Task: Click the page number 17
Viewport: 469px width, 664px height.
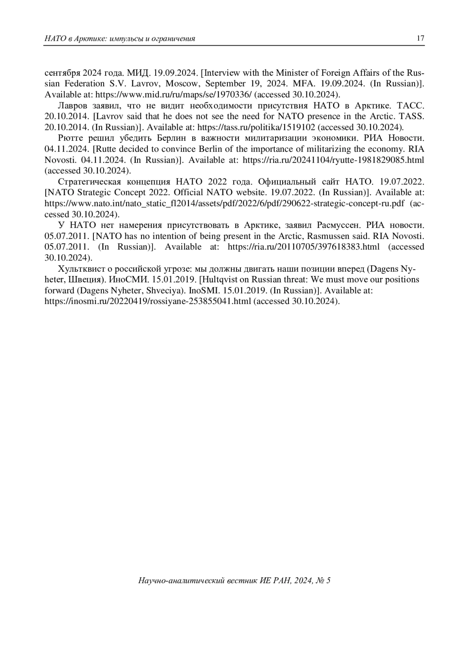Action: [421, 38]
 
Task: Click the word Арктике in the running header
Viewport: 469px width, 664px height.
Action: [88, 39]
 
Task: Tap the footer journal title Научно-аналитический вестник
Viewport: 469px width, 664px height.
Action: [198, 581]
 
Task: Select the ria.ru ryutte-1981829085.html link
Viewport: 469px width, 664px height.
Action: [333, 160]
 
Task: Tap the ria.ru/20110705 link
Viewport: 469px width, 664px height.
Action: [303, 247]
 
